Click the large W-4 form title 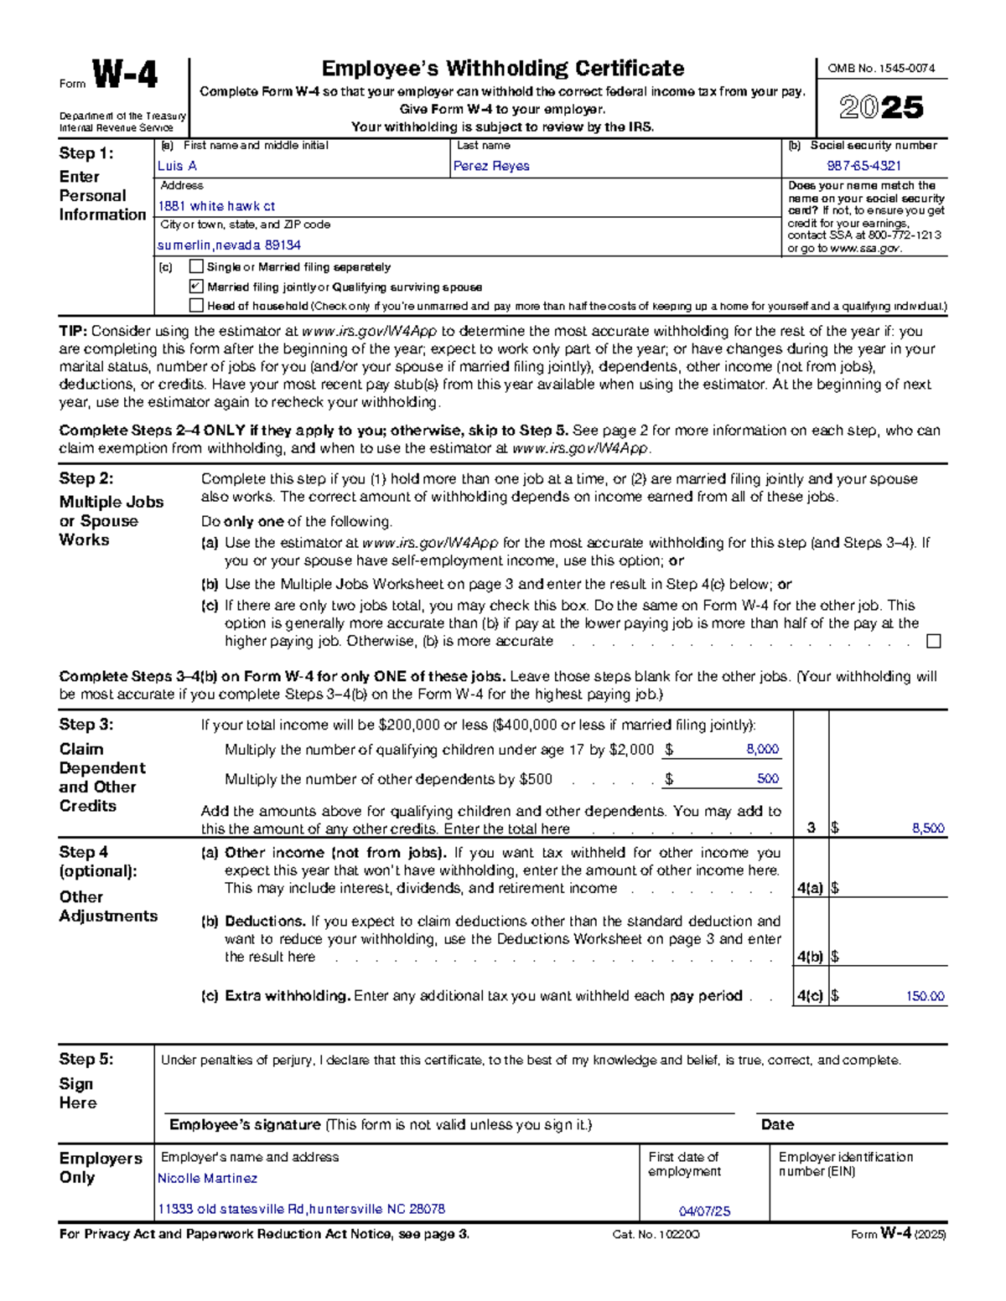click(x=124, y=76)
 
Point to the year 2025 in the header click(x=881, y=107)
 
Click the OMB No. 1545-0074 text click(x=881, y=69)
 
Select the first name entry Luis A click(x=177, y=166)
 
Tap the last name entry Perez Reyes click(x=491, y=166)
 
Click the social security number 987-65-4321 click(x=864, y=166)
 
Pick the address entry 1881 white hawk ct click(x=216, y=206)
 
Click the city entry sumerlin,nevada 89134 click(x=229, y=245)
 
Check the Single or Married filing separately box click(x=196, y=266)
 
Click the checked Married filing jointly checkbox click(x=196, y=287)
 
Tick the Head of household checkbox click(x=196, y=306)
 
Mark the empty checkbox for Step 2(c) click(x=933, y=642)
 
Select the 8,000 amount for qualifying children click(x=762, y=750)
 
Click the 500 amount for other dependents click(x=768, y=779)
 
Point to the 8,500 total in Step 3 click(x=928, y=829)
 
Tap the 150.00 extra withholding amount click(x=925, y=997)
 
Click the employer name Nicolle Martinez click(x=207, y=1179)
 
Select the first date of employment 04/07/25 click(x=704, y=1211)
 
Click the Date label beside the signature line click(x=777, y=1125)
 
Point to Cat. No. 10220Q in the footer click(x=656, y=1235)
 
